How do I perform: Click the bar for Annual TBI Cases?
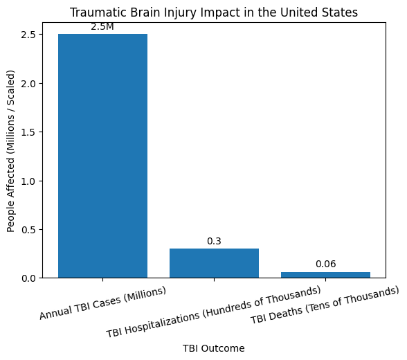(x=102, y=156)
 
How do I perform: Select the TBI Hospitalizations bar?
(x=214, y=263)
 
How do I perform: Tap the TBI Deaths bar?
(x=325, y=275)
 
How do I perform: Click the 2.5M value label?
(x=102, y=26)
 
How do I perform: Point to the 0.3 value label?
(x=214, y=241)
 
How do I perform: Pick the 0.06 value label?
(x=325, y=264)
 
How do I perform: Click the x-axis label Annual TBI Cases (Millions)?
(x=102, y=303)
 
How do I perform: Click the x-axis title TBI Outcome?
(x=214, y=348)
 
